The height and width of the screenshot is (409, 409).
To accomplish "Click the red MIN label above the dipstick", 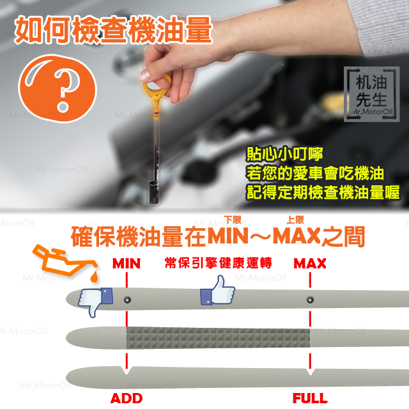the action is (x=127, y=263).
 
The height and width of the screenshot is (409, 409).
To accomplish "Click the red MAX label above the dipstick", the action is (x=310, y=263).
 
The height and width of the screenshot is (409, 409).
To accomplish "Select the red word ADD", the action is (x=127, y=398).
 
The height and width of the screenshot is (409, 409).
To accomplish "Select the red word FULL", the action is (x=310, y=398).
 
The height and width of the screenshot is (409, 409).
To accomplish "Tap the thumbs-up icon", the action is (x=217, y=290).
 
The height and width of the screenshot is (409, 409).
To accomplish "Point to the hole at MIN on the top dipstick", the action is (x=127, y=300).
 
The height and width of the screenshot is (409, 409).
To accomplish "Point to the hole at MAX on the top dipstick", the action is (x=310, y=300).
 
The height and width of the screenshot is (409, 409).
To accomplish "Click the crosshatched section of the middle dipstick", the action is (x=218, y=338).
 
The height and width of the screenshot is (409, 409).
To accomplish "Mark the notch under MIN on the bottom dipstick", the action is (x=127, y=371).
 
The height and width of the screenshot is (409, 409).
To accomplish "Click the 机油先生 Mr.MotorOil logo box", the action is (x=372, y=94).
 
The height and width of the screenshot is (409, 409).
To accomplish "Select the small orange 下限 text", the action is (x=233, y=220).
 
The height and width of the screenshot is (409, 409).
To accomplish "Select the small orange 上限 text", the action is (x=295, y=220).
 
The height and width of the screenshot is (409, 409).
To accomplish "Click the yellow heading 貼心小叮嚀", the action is (x=284, y=154).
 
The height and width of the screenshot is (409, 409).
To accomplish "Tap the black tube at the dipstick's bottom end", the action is (x=153, y=192).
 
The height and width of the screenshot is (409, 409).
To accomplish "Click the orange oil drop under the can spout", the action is (x=94, y=277).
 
